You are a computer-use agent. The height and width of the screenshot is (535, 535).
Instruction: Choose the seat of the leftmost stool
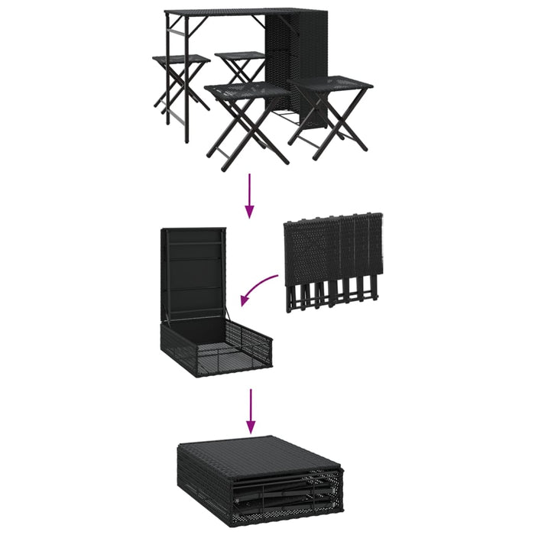pos(181,60)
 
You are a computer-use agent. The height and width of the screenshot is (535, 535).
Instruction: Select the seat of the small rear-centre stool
pos(240,55)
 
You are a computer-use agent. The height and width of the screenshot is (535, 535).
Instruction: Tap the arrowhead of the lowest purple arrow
pos(250,428)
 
